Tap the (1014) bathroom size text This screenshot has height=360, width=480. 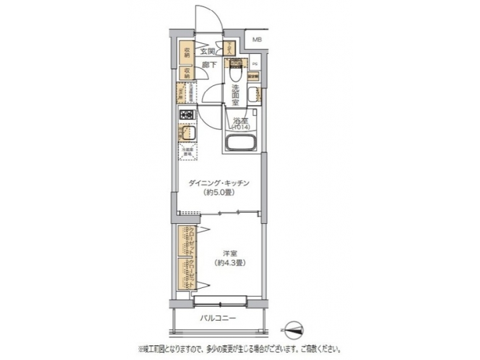[240, 126]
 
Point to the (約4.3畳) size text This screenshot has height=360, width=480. [230, 263]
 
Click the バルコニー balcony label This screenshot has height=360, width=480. [218, 318]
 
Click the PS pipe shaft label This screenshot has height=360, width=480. [255, 65]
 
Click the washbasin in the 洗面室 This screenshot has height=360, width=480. [251, 95]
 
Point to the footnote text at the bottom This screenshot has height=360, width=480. [239, 348]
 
